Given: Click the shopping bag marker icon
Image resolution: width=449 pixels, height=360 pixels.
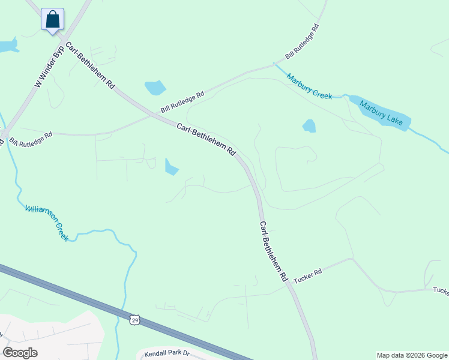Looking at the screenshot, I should (53, 19).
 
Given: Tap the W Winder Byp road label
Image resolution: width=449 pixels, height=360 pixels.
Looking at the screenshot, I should (49, 67).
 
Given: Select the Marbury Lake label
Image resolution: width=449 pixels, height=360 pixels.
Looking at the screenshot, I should (381, 112).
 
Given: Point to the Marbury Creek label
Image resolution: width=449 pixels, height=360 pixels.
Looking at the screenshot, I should (309, 86).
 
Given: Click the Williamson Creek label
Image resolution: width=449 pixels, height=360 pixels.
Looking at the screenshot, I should (47, 223).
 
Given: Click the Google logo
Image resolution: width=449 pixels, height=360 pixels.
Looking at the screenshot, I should (20, 353).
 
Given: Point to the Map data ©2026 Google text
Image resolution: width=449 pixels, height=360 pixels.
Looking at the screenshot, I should (412, 355).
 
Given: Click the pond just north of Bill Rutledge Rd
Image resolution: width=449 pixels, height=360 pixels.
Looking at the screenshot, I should (155, 88).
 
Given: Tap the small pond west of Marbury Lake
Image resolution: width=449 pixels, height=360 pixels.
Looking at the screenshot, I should (309, 125).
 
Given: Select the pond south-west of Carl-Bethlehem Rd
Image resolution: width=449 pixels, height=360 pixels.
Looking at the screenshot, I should (171, 167).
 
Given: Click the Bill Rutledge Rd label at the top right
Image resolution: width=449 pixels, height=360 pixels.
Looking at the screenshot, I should (302, 41).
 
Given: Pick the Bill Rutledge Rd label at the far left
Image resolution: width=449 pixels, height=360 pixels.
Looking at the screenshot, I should (31, 138).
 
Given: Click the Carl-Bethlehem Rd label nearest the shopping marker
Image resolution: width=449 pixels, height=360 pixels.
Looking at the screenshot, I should (90, 66).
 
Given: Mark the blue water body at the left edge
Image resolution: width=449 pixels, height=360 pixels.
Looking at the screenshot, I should (7, 46).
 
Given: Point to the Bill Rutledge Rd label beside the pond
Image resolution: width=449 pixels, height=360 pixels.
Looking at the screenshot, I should (182, 102).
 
